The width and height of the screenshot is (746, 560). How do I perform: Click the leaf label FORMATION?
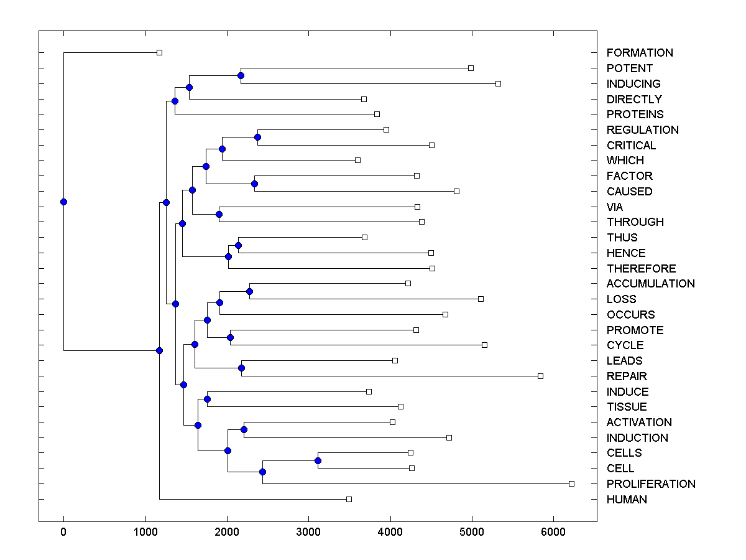click(x=640, y=53)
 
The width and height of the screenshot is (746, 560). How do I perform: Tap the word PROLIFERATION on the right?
click(x=651, y=484)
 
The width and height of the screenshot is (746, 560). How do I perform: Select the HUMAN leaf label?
click(x=627, y=500)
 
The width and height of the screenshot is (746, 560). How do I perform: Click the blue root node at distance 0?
click(x=63, y=202)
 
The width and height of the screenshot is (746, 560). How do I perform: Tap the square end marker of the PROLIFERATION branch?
click(x=572, y=483)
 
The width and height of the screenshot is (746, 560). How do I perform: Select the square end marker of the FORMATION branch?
click(x=159, y=52)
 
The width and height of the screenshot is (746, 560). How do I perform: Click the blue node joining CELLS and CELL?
click(x=318, y=460)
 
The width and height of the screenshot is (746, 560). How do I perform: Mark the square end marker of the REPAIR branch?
click(x=540, y=376)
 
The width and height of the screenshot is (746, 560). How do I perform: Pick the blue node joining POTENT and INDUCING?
click(x=241, y=75)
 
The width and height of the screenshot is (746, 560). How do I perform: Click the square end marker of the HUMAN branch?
click(x=349, y=499)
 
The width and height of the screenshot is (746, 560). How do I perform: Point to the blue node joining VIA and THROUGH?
click(x=219, y=214)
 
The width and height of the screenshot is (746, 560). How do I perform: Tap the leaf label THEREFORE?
click(x=642, y=269)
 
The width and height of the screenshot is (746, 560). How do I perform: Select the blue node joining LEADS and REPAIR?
click(x=241, y=368)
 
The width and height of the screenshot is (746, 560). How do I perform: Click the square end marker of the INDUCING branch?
click(x=498, y=83)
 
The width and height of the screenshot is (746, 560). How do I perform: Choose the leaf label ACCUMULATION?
click(x=651, y=284)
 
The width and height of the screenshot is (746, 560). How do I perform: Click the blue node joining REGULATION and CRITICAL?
click(x=257, y=137)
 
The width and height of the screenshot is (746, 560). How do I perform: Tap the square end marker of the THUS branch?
click(x=365, y=237)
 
